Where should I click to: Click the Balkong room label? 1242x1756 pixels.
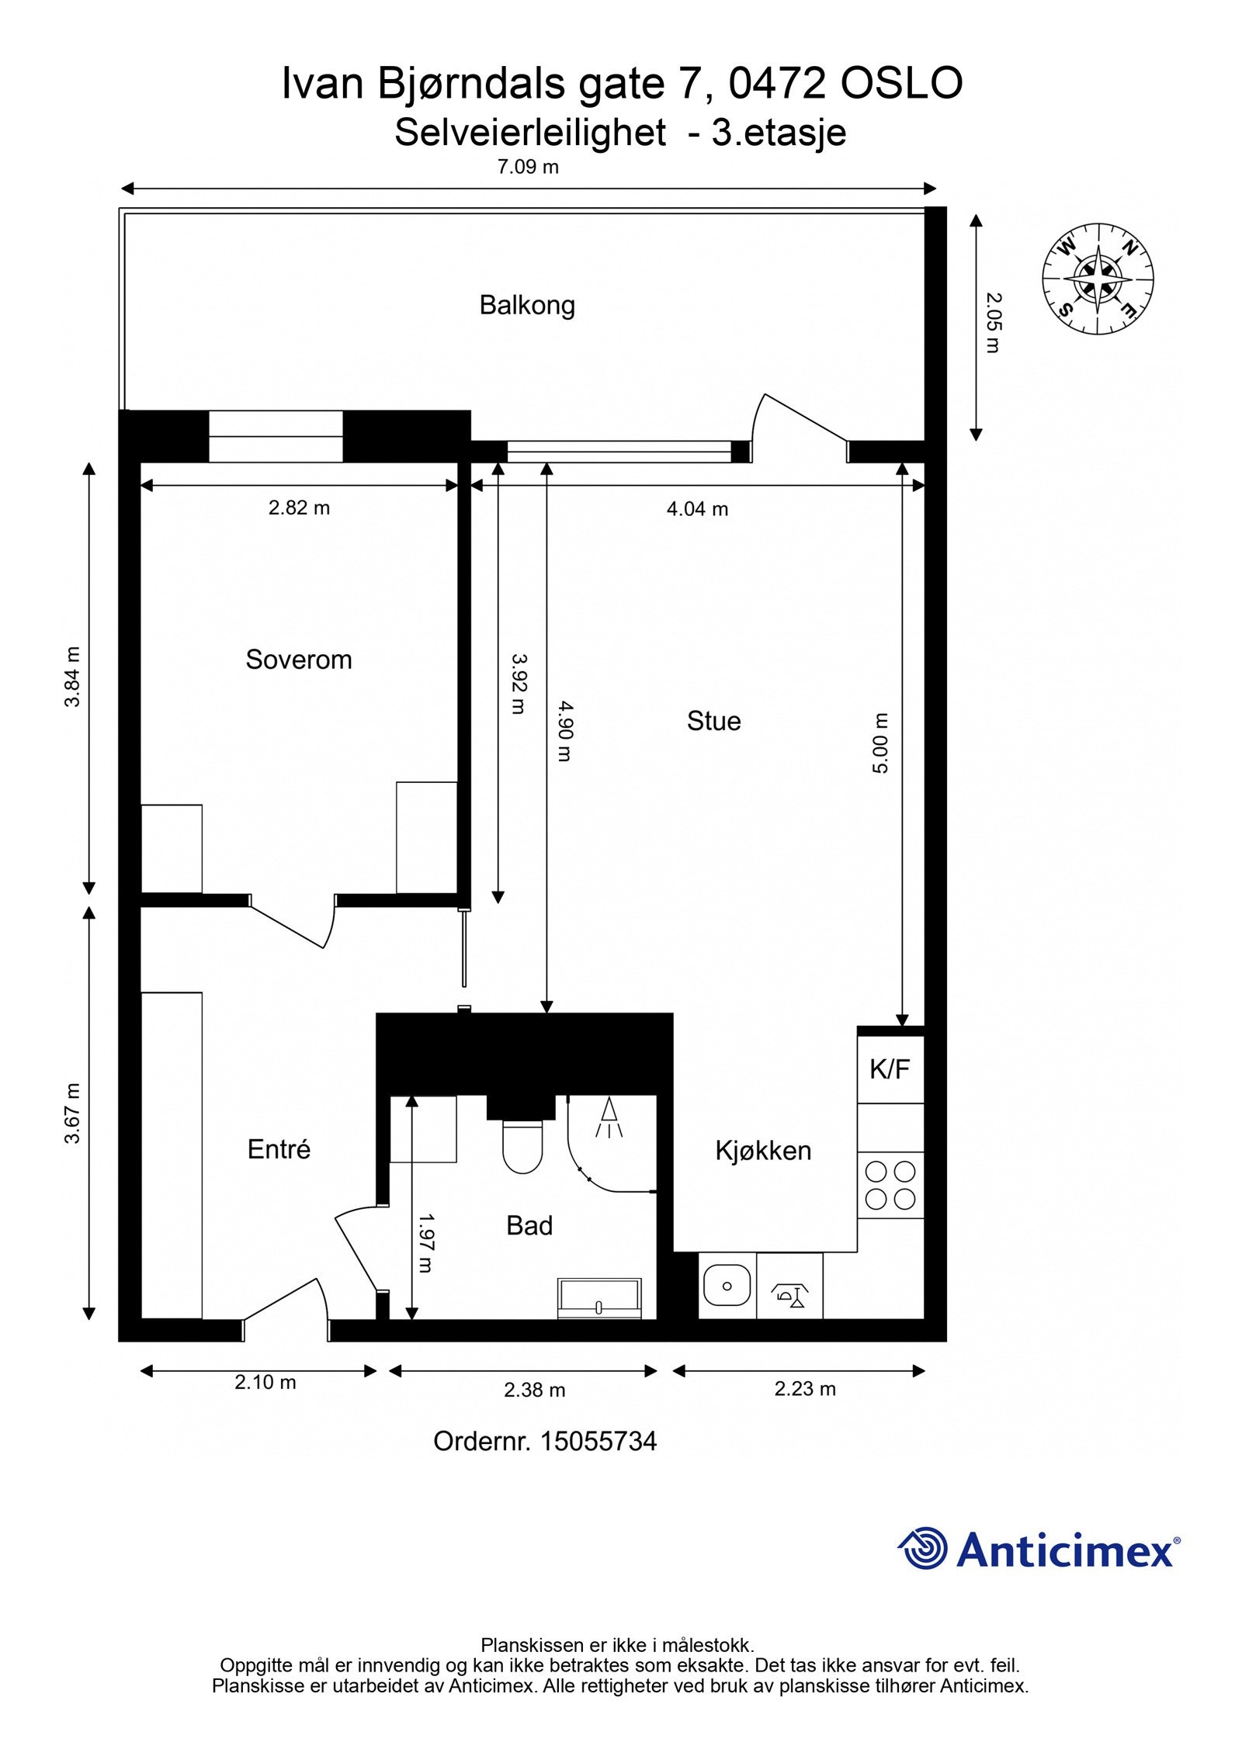click(x=526, y=305)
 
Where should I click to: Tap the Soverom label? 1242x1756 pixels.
click(x=299, y=660)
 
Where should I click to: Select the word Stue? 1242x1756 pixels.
click(x=713, y=721)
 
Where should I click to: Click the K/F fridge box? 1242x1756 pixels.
click(x=890, y=1069)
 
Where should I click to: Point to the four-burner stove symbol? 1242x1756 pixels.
click(x=890, y=1185)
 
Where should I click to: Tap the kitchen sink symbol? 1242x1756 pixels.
click(x=727, y=1286)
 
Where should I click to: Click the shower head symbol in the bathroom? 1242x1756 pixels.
click(x=609, y=1116)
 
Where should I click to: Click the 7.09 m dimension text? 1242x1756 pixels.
click(x=528, y=167)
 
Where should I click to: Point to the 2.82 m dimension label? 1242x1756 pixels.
click(x=299, y=508)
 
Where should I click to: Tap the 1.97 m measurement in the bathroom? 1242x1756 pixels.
click(x=425, y=1243)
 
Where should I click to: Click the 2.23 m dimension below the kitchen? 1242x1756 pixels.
click(x=805, y=1389)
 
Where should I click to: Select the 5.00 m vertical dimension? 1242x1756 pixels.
click(x=879, y=743)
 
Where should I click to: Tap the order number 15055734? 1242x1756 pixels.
click(x=598, y=1442)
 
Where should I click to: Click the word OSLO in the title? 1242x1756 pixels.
click(x=901, y=84)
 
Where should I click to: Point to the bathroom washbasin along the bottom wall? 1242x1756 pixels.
click(x=599, y=1298)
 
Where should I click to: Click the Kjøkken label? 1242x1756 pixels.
click(x=763, y=1151)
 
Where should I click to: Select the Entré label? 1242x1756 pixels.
click(x=279, y=1149)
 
